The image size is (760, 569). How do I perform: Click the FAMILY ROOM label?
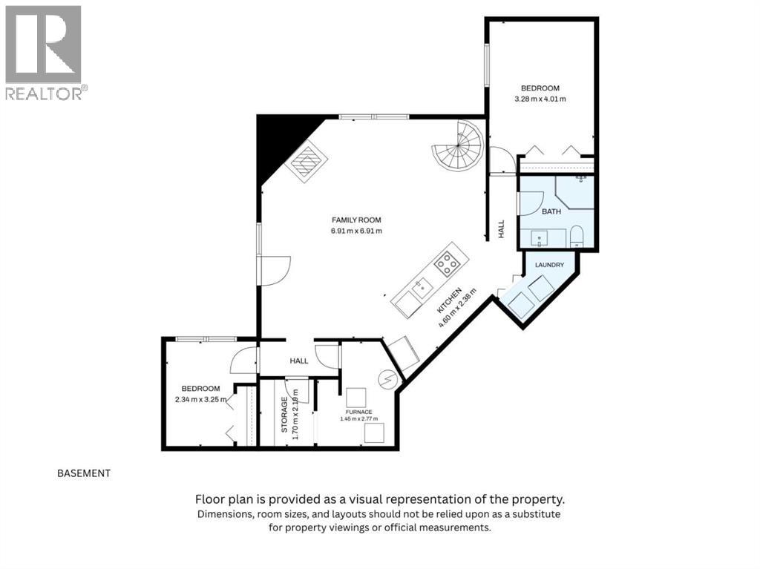tap(356, 220)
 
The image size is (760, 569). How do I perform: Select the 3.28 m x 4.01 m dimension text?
tap(540, 99)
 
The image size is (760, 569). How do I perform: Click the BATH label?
tap(551, 211)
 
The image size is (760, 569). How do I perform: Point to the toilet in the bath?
tap(576, 236)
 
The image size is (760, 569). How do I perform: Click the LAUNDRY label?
tap(549, 265)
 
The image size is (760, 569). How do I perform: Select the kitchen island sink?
tap(422, 287)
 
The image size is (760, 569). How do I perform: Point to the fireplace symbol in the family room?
tap(307, 162)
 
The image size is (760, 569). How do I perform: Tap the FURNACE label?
tap(358, 412)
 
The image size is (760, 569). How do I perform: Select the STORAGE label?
tap(284, 415)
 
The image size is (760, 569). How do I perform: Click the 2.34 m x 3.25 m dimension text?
tap(200, 400)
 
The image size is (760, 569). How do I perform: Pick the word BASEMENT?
tap(84, 473)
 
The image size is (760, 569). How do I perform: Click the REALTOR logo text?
tap(44, 93)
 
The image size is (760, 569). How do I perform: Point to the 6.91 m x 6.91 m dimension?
tap(356, 231)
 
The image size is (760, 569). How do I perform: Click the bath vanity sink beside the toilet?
tap(539, 238)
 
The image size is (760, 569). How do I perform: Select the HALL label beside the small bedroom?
tap(299, 361)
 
